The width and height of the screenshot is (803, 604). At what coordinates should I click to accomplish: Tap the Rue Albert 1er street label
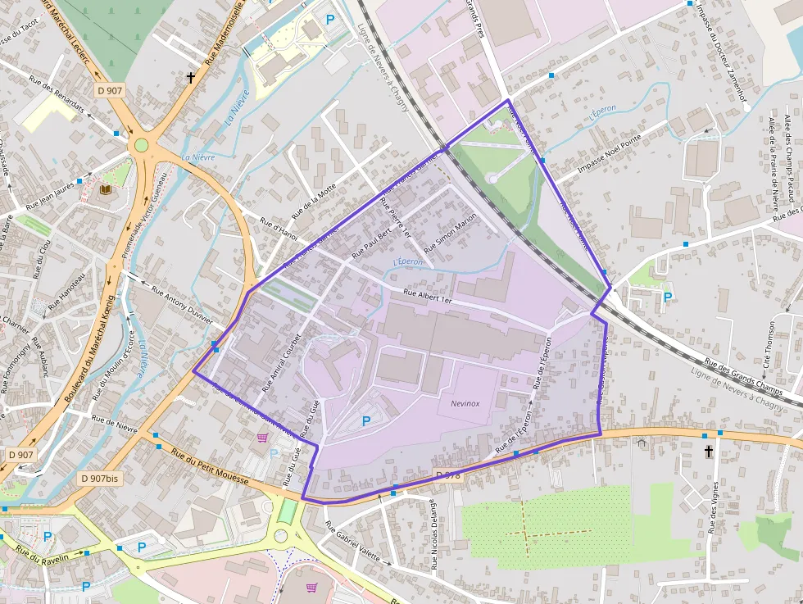click(x=428, y=297)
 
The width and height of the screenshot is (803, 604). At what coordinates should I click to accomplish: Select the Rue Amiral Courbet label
click(x=281, y=361)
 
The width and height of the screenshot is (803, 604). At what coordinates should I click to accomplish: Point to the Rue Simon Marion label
click(x=451, y=233)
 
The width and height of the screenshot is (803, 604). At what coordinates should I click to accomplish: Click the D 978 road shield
click(x=450, y=475)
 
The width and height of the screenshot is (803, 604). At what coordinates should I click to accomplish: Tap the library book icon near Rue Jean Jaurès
click(x=105, y=190)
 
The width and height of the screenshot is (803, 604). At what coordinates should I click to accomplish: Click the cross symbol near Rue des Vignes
click(x=709, y=452)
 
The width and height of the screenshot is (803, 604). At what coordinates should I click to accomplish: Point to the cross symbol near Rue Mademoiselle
click(x=191, y=78)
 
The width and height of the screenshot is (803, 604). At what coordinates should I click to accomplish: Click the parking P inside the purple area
click(x=365, y=420)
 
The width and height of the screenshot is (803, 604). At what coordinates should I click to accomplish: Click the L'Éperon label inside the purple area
click(x=407, y=261)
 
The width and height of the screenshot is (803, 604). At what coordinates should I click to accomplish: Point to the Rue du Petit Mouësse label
click(x=210, y=465)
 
